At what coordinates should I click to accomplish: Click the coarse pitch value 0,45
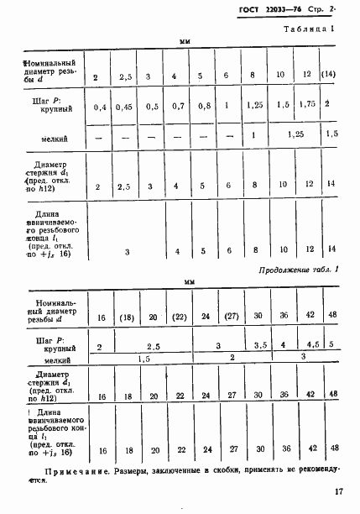pos(125,107)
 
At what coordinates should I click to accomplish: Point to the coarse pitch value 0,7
pos(175,107)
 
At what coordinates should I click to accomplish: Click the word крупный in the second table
pos(56,347)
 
